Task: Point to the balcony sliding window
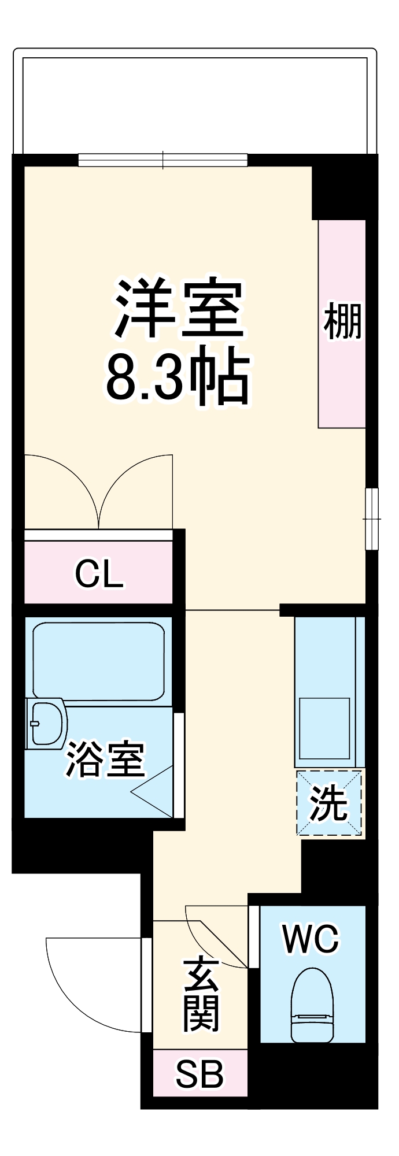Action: pyautogui.click(x=163, y=160)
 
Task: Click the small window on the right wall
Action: pyautogui.click(x=372, y=518)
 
